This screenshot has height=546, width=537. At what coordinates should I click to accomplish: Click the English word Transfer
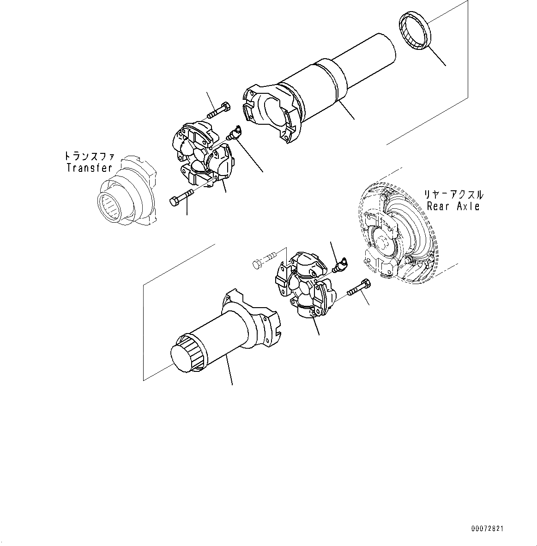tap(90, 168)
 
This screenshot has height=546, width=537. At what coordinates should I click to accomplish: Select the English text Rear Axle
tap(453, 206)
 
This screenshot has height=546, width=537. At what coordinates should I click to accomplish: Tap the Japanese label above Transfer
tap(90, 156)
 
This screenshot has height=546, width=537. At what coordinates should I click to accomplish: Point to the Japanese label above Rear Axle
tap(453, 194)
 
